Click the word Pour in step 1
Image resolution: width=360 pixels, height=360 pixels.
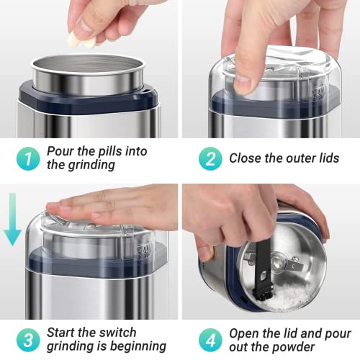click(x=60, y=151)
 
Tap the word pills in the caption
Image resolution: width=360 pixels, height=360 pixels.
click(x=116, y=151)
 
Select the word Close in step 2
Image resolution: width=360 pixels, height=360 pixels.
click(x=246, y=158)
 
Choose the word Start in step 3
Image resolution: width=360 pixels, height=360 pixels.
click(x=62, y=333)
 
